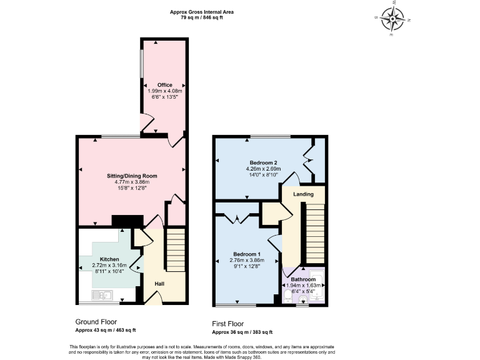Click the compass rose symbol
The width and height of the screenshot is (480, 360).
tap(394, 18)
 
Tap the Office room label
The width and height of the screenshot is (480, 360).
tap(164, 85)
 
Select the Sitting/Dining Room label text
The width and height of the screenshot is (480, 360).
tap(131, 176)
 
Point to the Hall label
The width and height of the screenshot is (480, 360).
tap(160, 283)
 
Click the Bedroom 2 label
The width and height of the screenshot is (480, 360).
tap(264, 162)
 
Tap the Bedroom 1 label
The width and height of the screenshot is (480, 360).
tap(247, 254)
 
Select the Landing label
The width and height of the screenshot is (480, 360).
tap(303, 194)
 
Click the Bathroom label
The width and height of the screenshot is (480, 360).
tap(303, 279)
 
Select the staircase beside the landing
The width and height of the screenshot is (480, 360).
tap(314, 234)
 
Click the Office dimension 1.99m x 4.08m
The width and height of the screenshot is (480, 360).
tap(164, 91)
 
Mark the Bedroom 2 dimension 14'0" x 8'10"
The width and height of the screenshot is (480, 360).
tap(264, 175)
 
